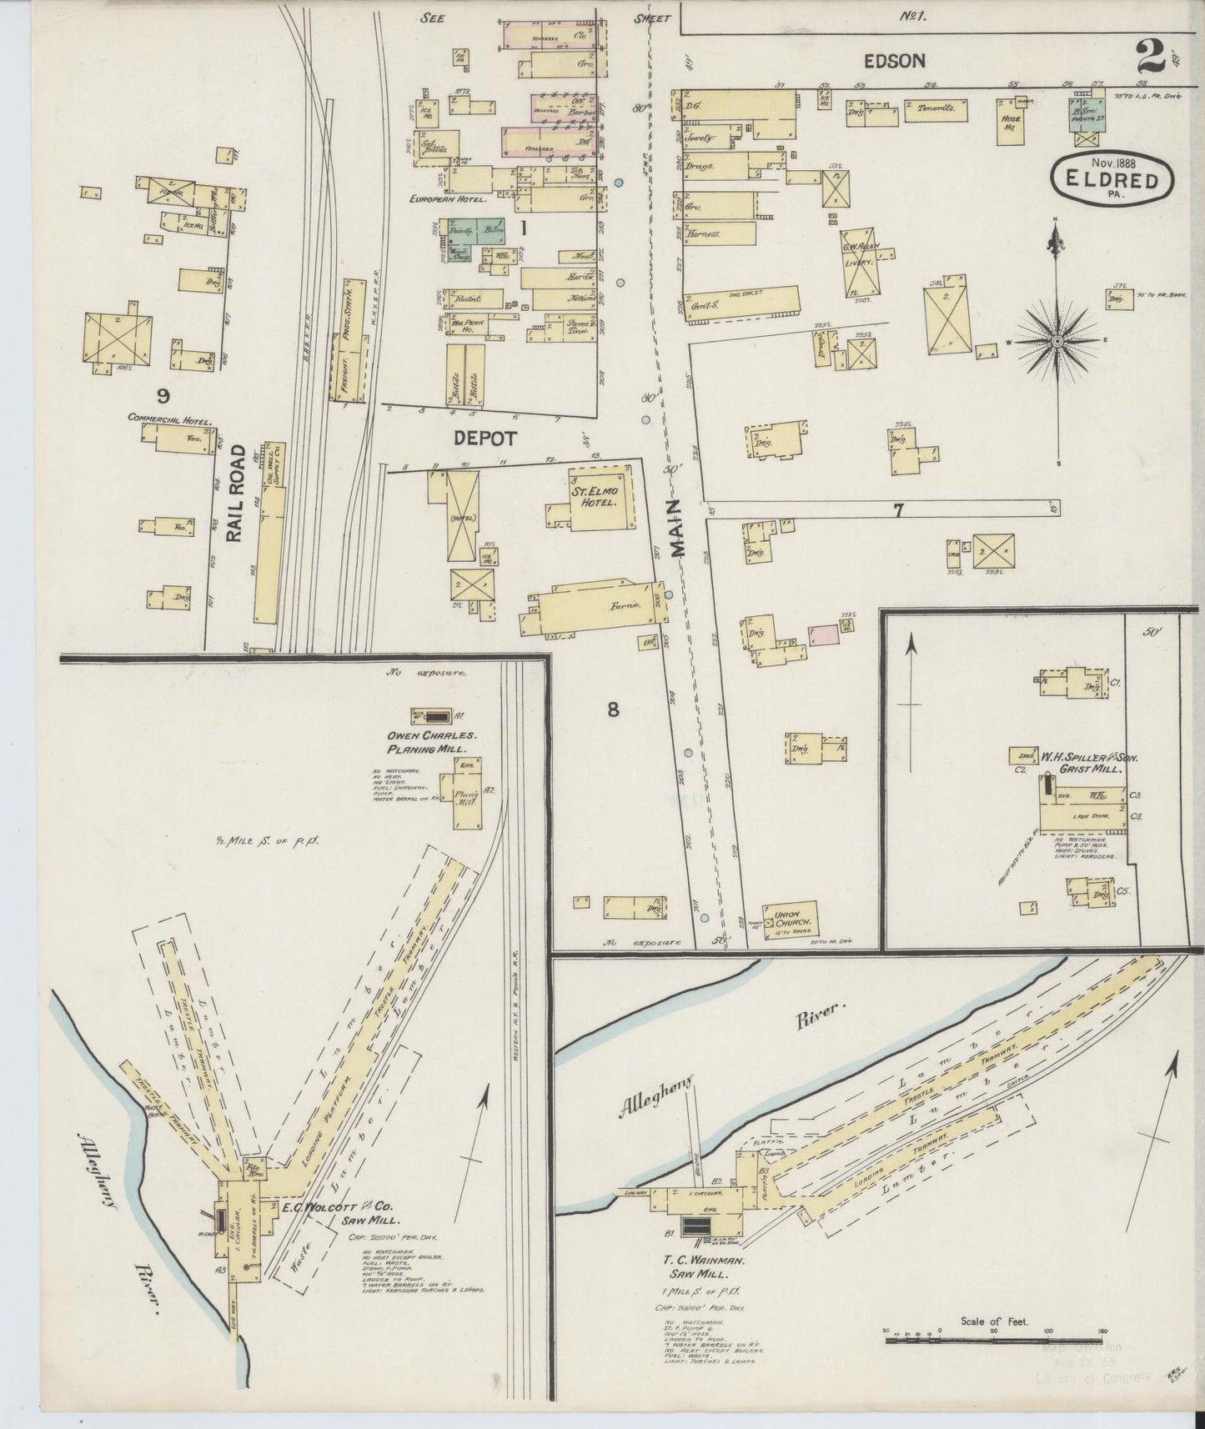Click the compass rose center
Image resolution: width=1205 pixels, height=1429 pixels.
click(1057, 340)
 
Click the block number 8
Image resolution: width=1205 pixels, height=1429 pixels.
click(613, 709)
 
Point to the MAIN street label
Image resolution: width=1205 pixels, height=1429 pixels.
click(677, 529)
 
